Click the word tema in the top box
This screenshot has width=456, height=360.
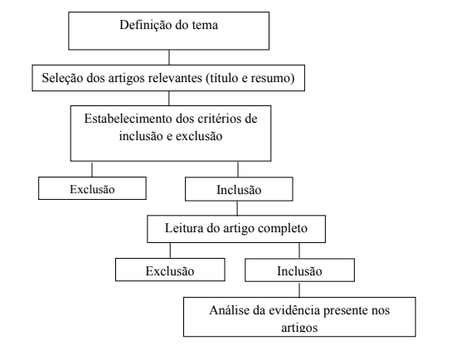click(205, 26)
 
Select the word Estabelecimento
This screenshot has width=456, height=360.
click(129, 119)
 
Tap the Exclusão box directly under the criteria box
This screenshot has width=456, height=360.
click(92, 188)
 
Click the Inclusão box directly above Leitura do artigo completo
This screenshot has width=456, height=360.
click(239, 189)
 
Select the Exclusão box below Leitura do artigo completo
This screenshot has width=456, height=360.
click(170, 270)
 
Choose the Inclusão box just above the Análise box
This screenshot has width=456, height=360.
click(299, 270)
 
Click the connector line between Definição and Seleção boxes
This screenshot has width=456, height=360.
click(169, 57)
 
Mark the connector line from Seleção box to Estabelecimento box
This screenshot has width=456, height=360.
click(169, 99)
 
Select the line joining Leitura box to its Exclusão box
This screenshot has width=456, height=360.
click(170, 251)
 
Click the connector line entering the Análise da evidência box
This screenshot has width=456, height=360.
click(299, 289)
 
